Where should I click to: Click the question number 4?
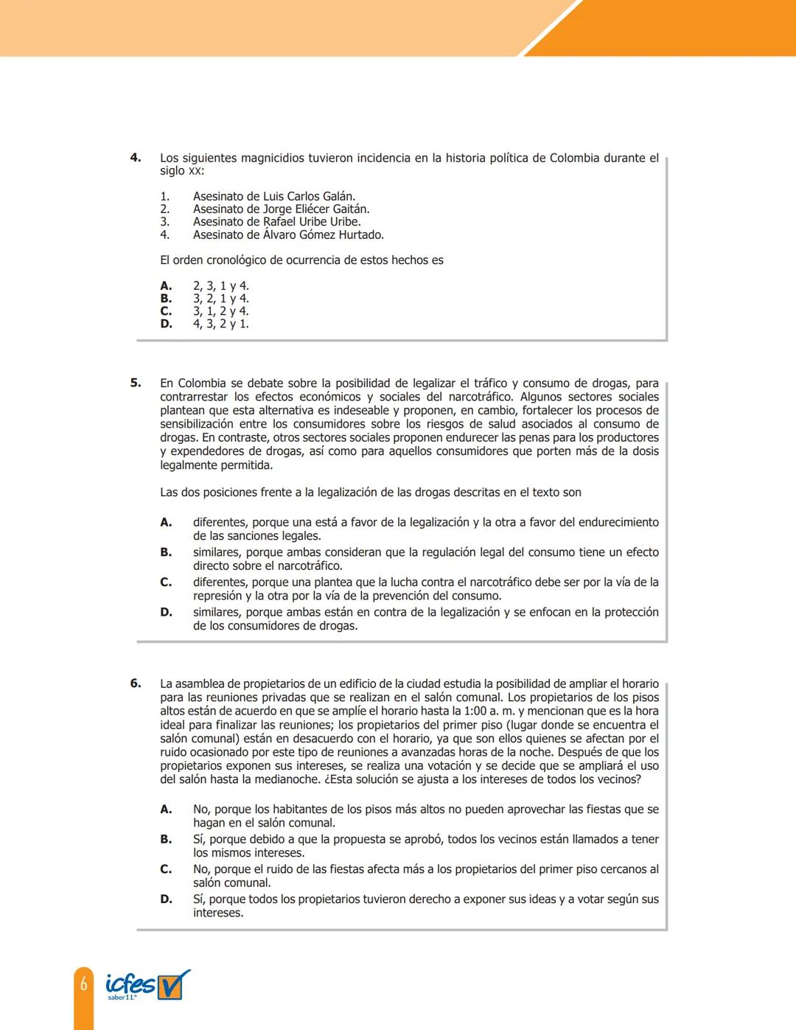tap(136, 157)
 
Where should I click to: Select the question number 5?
tap(136, 383)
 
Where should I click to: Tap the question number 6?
tap(136, 683)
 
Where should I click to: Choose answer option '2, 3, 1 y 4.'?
tap(220, 286)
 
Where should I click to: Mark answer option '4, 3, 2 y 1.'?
tap(220, 324)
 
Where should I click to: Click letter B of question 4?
tap(166, 299)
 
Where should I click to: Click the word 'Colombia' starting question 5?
tap(202, 383)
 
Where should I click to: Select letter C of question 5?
tap(166, 582)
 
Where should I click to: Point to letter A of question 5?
tap(166, 523)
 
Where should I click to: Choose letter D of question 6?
tap(166, 899)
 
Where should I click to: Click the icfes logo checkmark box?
tap(174, 985)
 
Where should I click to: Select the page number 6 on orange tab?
tap(84, 983)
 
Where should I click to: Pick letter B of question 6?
tap(166, 840)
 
